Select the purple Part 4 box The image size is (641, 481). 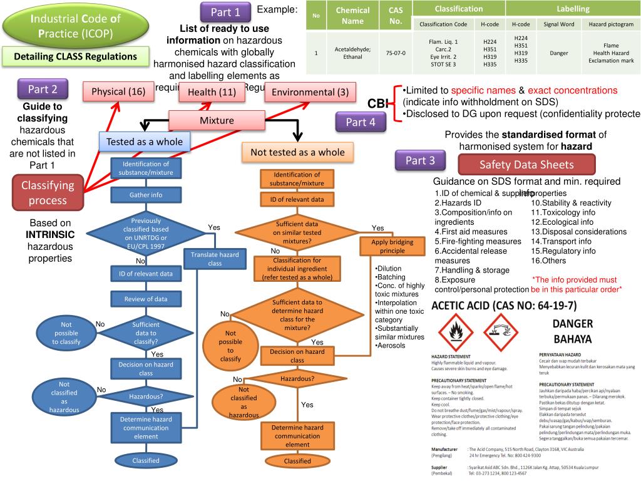tap(361, 122)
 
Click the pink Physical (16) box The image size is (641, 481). tap(118, 92)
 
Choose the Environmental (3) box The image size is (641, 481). tap(307, 92)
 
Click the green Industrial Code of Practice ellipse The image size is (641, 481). tap(76, 26)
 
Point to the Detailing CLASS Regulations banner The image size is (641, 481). tap(76, 56)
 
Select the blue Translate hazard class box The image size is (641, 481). tap(215, 259)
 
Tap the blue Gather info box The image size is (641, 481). tap(146, 195)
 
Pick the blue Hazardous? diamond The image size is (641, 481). tap(146, 396)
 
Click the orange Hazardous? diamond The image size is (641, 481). tap(297, 379)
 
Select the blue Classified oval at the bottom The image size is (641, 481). tap(146, 460)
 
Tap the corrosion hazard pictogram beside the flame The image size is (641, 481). tap(501, 333)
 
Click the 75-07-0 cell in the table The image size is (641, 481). tap(396, 53)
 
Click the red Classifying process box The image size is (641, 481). tap(48, 192)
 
